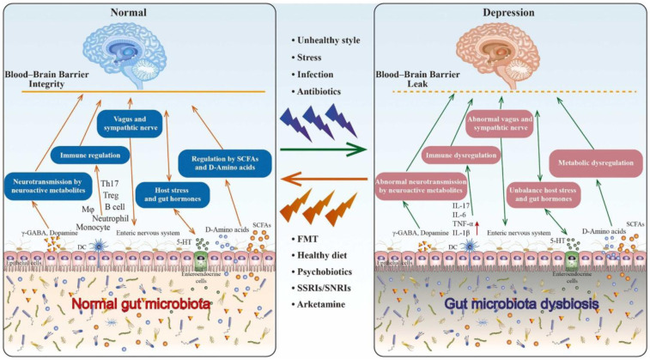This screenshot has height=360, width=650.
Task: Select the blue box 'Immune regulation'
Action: [91, 156]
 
